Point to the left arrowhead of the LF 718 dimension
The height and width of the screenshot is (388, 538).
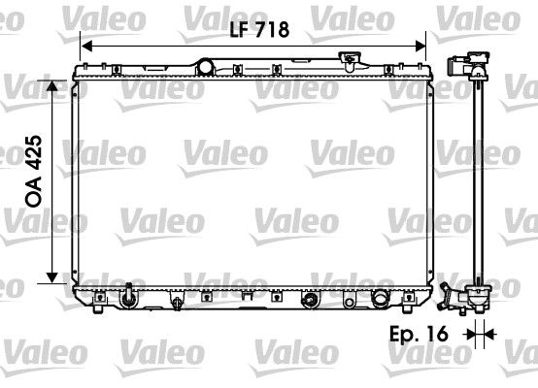point(86,45)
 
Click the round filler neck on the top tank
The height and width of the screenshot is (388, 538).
point(204,66)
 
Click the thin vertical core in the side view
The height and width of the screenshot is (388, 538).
point(476,184)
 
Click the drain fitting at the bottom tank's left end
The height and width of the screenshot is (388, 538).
point(128,294)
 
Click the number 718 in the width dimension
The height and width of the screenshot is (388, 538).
point(273,30)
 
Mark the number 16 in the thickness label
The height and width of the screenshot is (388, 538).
point(438,334)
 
